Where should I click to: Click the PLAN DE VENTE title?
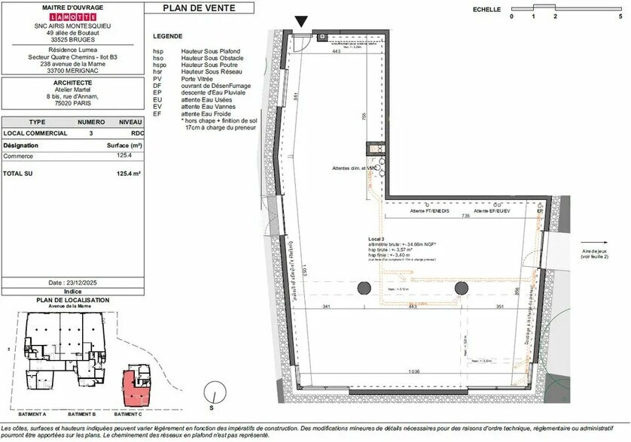[x=198, y=9]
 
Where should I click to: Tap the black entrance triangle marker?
[x=302, y=22]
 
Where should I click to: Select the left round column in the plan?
[x=364, y=287]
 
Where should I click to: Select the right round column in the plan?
[x=463, y=287]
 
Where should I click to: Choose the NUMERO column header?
[x=91, y=121]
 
